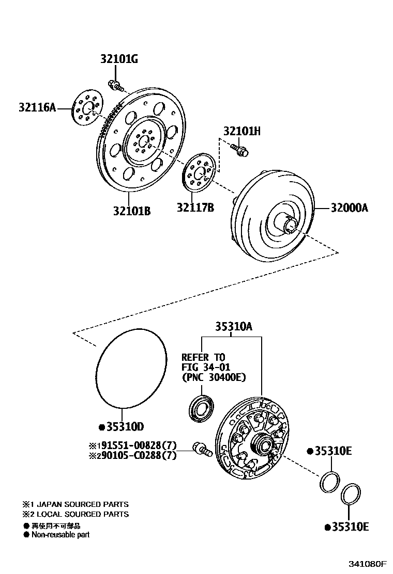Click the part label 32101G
[119, 59]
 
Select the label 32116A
[37, 108]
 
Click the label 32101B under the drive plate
[132, 211]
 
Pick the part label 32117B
[195, 208]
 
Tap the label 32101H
[241, 132]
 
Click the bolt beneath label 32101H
[240, 150]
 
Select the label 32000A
[349, 208]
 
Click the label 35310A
[233, 327]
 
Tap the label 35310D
[124, 426]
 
